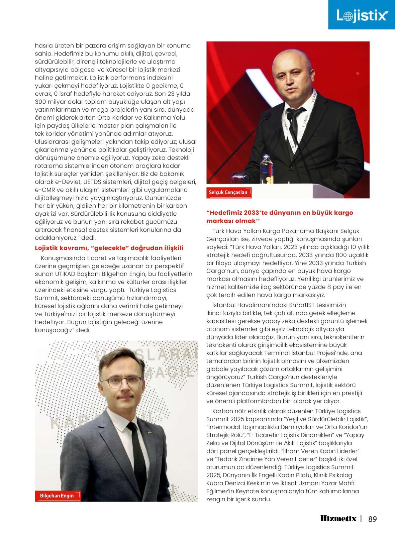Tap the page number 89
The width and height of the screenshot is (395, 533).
click(x=372, y=519)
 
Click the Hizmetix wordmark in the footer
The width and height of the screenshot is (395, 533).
click(x=338, y=519)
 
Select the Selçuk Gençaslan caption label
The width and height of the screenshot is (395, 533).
click(x=228, y=192)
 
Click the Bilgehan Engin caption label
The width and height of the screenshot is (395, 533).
click(x=57, y=495)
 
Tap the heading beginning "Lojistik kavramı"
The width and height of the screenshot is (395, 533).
click(x=109, y=248)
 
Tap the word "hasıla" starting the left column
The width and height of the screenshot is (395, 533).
click(x=43, y=46)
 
